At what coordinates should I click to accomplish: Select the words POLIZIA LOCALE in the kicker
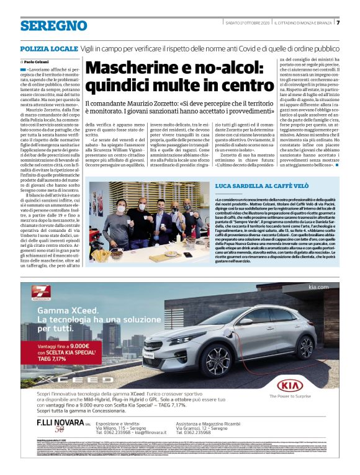(x=48, y=48)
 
